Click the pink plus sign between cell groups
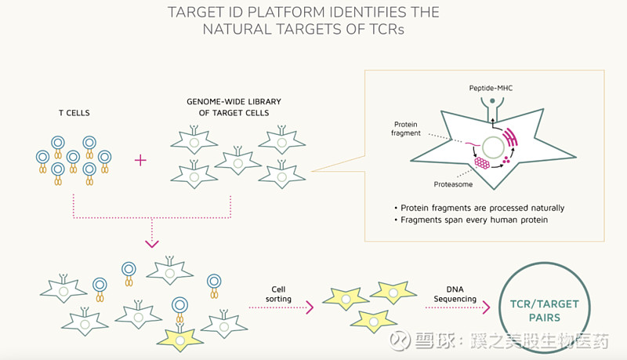click(x=141, y=160)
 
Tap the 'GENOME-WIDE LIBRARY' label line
click(x=233, y=102)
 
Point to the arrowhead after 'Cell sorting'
click(x=310, y=307)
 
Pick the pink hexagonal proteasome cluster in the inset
click(x=480, y=162)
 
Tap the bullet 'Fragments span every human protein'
click(x=475, y=221)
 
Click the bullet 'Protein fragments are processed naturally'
click(x=480, y=208)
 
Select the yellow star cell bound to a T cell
click(x=180, y=337)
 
